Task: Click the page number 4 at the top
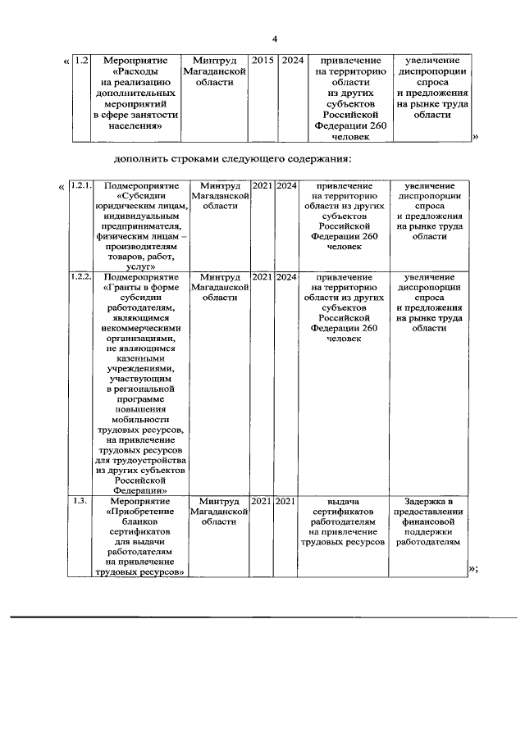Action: [276, 39]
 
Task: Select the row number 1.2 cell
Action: [81, 61]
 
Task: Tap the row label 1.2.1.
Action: [81, 185]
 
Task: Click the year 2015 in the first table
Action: [262, 61]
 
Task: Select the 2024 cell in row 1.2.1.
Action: [286, 185]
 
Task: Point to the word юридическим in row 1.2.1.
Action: [118, 207]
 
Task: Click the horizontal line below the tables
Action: [262, 616]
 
